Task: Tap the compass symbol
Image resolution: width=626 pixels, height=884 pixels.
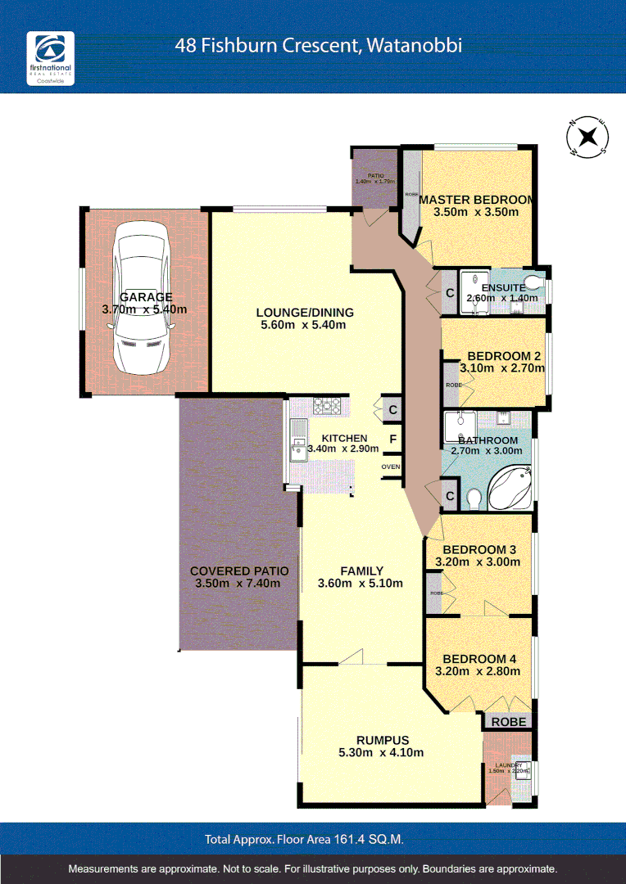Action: pos(588,137)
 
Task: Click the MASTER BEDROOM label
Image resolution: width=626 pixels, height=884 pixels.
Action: pos(476,199)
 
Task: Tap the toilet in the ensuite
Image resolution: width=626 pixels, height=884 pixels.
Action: pos(533,283)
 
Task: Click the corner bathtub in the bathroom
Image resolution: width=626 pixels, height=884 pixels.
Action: pos(510,488)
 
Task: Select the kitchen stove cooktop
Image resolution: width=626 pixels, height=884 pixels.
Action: pos(329,404)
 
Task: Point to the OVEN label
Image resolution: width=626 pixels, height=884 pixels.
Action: pos(391,467)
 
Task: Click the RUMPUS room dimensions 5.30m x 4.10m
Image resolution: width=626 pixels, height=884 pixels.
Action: pos(381,753)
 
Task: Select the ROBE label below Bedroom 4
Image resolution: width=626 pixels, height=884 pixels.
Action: pos(509,722)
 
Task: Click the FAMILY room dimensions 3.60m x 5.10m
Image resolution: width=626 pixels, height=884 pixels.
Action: pos(361,584)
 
